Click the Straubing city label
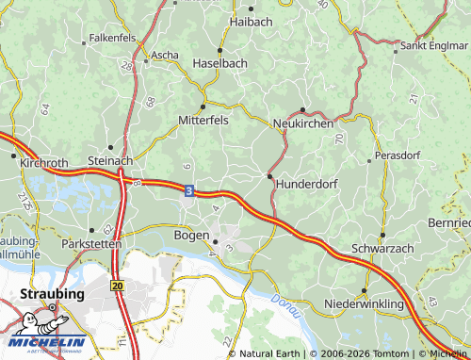point(53,294)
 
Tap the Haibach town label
point(250,20)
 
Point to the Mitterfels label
point(203,120)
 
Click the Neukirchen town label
point(301,123)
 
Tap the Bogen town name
point(192,234)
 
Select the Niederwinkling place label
point(364,304)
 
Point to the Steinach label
point(109,161)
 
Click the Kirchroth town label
point(44,163)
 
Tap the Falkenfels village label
point(111,39)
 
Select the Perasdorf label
point(397,153)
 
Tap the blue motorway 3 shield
point(190,190)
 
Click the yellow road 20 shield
point(117,284)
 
